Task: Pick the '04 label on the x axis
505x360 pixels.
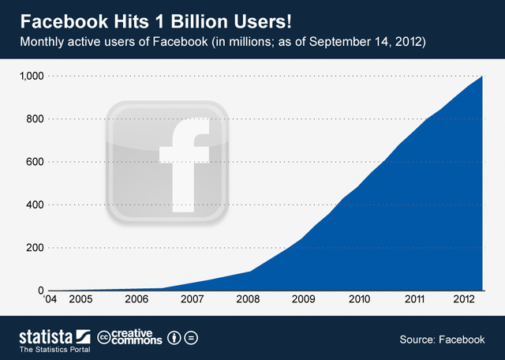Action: pyautogui.click(x=50, y=301)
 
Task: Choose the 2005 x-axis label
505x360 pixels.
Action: pyautogui.click(x=80, y=301)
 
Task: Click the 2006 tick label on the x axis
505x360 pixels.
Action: pyautogui.click(x=136, y=301)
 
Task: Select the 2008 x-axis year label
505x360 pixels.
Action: pyautogui.click(x=248, y=301)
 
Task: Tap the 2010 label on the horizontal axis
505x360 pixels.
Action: pyautogui.click(x=359, y=301)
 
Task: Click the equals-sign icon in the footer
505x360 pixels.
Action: pyautogui.click(x=191, y=338)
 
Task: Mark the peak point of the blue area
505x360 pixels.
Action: pyautogui.click(x=482, y=77)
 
